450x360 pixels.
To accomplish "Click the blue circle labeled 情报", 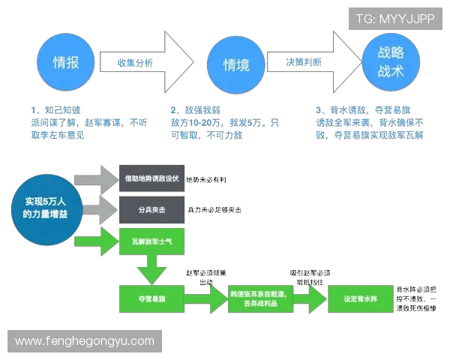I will click(66, 62).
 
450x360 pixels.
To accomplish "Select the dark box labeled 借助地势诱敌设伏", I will click(150, 179).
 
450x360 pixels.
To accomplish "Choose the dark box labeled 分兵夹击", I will click(150, 211).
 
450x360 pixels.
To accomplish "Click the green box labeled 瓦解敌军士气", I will click(150, 242).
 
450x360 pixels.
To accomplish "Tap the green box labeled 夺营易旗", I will click(150, 298).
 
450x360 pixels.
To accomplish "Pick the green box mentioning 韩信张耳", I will click(256, 298).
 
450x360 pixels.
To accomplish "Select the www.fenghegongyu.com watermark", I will click(84, 340).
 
